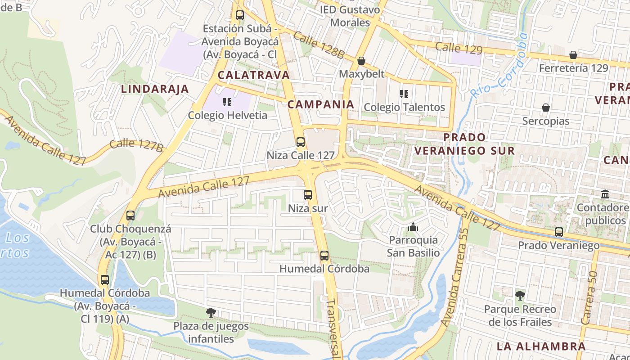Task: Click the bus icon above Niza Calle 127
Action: [301, 142]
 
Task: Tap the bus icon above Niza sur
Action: [308, 195]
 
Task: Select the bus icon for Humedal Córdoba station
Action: [324, 256]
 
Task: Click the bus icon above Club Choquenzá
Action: [130, 216]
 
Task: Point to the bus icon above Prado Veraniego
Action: [559, 232]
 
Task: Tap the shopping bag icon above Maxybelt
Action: [361, 61]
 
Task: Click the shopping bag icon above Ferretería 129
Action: [573, 55]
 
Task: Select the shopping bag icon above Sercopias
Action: [546, 108]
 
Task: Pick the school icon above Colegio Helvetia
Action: [227, 102]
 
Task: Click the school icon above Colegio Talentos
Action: [404, 94]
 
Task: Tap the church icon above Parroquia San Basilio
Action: [413, 227]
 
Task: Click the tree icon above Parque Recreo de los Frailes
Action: [520, 296]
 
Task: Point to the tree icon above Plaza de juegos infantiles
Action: [211, 312]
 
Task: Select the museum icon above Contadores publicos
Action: [605, 194]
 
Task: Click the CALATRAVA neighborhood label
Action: [254, 75]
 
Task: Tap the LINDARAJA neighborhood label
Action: [155, 89]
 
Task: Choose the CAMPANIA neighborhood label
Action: [321, 104]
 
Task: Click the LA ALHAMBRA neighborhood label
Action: [541, 346]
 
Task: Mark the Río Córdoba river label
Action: [499, 66]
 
